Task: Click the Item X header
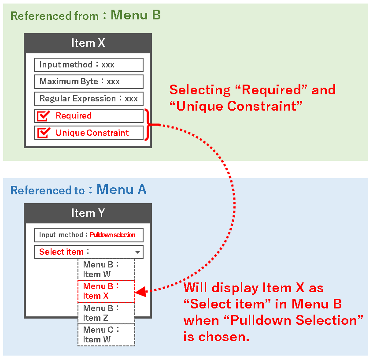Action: click(x=88, y=43)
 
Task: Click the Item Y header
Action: click(x=88, y=213)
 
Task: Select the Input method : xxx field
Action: click(x=89, y=65)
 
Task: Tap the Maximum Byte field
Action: click(x=89, y=82)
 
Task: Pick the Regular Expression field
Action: click(x=89, y=99)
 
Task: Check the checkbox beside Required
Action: click(x=44, y=116)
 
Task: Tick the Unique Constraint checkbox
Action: click(x=44, y=133)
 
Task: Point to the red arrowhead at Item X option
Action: click(x=140, y=291)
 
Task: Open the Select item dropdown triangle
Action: click(x=137, y=252)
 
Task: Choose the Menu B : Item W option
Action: click(x=106, y=269)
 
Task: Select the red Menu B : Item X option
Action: click(x=106, y=291)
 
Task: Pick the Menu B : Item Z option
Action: click(x=106, y=313)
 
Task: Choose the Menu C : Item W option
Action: click(x=106, y=335)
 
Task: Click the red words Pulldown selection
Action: click(x=113, y=235)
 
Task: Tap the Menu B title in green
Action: click(x=136, y=15)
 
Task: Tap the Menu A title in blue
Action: click(x=122, y=189)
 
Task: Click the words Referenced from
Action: click(x=54, y=16)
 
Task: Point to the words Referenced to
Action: click(x=47, y=191)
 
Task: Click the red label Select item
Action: click(x=61, y=252)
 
